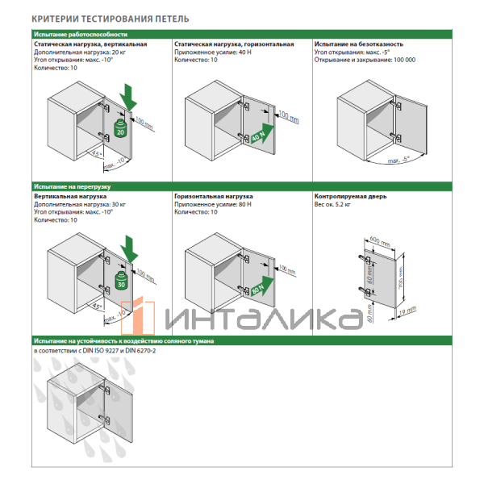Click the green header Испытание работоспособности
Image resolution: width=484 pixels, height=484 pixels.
point(81,35)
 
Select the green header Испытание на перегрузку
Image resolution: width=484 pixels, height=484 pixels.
point(73,186)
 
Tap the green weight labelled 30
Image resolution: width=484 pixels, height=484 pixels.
point(121,282)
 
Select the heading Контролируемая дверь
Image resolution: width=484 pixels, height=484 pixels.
point(351,196)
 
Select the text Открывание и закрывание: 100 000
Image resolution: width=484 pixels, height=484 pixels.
point(365,60)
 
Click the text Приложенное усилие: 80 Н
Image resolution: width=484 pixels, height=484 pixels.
point(213,204)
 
